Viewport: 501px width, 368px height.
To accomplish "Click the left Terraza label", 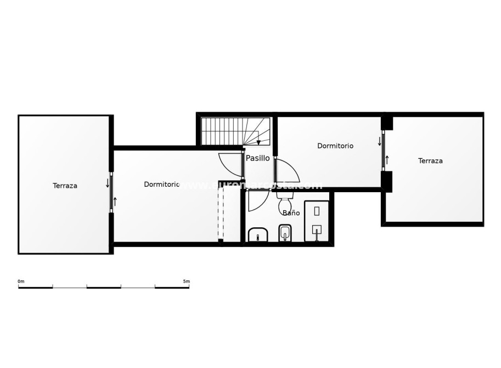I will (x=65, y=186).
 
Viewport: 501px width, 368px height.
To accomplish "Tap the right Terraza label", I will (x=430, y=161).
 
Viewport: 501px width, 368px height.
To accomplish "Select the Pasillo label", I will (x=257, y=158).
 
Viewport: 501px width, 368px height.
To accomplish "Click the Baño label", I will (x=291, y=212).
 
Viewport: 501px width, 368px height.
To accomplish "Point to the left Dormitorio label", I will (x=161, y=185).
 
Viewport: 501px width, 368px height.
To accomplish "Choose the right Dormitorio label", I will (x=335, y=146).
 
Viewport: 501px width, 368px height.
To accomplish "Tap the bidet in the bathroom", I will (x=284, y=234).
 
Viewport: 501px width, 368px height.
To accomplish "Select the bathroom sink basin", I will (x=257, y=235).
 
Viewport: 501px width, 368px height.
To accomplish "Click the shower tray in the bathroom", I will (x=317, y=221).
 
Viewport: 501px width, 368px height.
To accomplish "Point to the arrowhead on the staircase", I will (x=258, y=142).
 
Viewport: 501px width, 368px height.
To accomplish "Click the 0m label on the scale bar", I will (x=21, y=281).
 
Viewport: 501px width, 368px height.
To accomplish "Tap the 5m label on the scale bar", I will (x=186, y=281).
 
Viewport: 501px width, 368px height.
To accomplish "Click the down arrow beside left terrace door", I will (x=108, y=183).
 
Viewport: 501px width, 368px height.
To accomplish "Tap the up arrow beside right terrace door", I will (x=387, y=160).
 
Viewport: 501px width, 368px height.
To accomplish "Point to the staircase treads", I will (x=225, y=131).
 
